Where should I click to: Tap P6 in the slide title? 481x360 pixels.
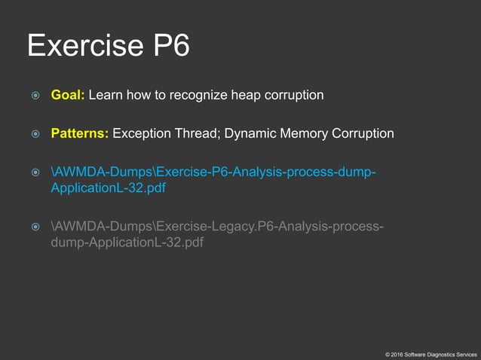pyautogui.click(x=169, y=46)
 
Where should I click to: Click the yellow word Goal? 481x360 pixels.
pyautogui.click(x=69, y=96)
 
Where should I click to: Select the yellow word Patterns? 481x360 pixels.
pyautogui.click(x=80, y=134)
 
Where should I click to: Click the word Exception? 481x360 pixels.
pyautogui.click(x=143, y=134)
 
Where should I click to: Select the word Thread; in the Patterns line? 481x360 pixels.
pyautogui.click(x=200, y=134)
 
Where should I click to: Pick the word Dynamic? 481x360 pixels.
pyautogui.click(x=253, y=134)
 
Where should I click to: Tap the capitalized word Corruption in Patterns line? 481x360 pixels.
pyautogui.click(x=364, y=134)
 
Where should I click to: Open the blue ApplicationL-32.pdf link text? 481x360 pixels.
pyautogui.click(x=108, y=188)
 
